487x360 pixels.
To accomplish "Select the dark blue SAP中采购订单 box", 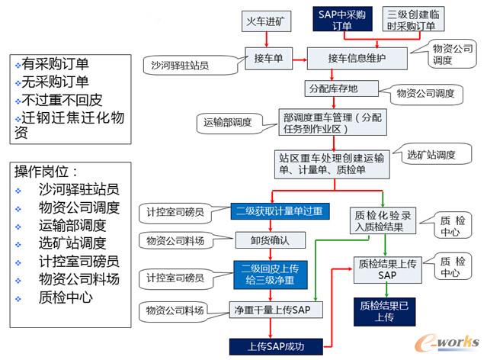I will (x=342, y=20).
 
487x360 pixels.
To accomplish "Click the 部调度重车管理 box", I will (x=330, y=122).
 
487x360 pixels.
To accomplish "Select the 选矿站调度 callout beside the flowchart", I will (x=431, y=156).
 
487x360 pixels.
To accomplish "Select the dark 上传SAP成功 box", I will (x=276, y=344).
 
